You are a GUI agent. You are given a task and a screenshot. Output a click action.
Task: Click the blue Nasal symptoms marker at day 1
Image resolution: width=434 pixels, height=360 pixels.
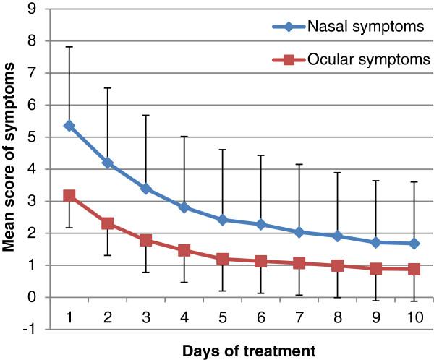69,126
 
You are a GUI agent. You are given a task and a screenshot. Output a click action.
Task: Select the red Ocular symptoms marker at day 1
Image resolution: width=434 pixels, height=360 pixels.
69,196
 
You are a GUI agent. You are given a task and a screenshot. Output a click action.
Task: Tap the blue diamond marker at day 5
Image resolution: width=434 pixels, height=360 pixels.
221,220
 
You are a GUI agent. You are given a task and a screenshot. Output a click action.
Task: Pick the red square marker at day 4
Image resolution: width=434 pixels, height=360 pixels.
184,250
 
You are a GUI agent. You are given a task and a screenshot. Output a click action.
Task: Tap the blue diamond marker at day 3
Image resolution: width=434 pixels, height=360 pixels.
145,189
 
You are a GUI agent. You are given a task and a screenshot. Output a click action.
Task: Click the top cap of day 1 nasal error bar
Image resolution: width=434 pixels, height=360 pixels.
69,47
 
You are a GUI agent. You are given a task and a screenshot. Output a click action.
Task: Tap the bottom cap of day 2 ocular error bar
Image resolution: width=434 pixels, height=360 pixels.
108,255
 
